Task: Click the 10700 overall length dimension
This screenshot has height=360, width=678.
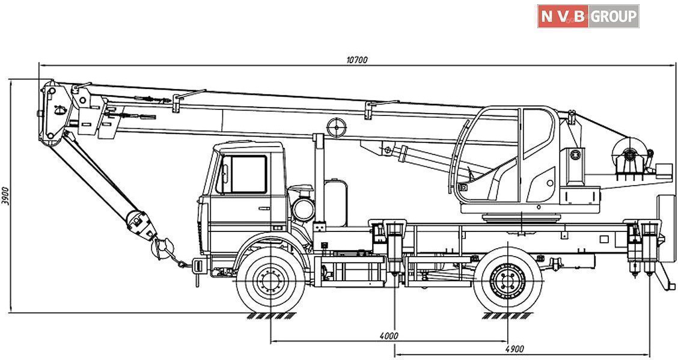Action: pyautogui.click(x=357, y=59)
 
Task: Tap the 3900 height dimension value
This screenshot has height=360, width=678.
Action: pyautogui.click(x=5, y=196)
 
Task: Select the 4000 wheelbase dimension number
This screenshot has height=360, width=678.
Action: pyautogui.click(x=389, y=336)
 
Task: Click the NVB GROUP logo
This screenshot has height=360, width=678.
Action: pyautogui.click(x=588, y=16)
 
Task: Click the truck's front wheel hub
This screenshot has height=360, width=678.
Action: pyautogui.click(x=270, y=281)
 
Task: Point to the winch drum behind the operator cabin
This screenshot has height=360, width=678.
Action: pyautogui.click(x=628, y=156)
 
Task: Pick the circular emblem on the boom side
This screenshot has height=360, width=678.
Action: pyautogui.click(x=337, y=127)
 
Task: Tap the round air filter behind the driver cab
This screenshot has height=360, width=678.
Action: pyautogui.click(x=303, y=209)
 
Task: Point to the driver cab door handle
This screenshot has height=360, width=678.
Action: pyautogui.click(x=264, y=208)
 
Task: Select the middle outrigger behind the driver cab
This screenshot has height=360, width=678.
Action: pyautogui.click(x=394, y=246)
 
